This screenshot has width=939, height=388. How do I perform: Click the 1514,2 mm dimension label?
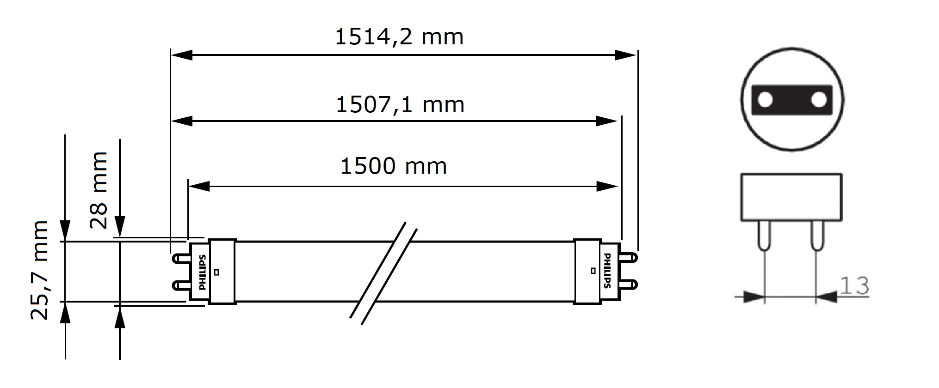pyautogui.click(x=399, y=37)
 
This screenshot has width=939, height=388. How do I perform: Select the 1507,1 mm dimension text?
pyautogui.click(x=400, y=105)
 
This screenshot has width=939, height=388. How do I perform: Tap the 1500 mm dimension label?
pyautogui.click(x=394, y=166)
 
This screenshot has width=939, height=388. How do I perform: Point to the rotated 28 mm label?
pyautogui.click(x=99, y=190)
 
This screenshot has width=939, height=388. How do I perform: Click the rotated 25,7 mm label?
pyautogui.click(x=39, y=270)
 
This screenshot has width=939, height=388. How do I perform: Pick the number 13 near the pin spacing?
pyautogui.click(x=854, y=285)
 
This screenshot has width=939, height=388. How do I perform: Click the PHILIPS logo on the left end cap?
pyautogui.click(x=202, y=272)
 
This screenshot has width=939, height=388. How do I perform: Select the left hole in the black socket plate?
pyautogui.click(x=766, y=100)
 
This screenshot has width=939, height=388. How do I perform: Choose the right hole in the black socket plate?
pyautogui.click(x=819, y=100)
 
